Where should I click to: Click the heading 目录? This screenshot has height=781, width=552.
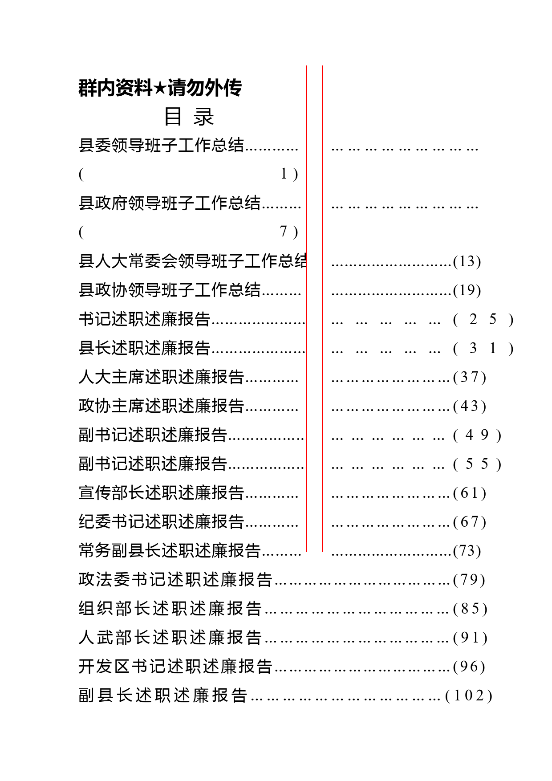point(189,117)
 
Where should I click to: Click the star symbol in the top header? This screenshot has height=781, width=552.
point(160,88)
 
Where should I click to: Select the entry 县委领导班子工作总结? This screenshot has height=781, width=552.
point(161,145)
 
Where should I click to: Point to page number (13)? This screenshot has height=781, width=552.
point(467,261)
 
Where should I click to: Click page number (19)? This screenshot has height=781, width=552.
point(467,290)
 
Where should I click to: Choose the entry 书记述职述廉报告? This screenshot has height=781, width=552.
point(144,319)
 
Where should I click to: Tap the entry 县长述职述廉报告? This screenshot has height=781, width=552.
point(144,348)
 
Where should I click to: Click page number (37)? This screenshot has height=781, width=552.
point(470,377)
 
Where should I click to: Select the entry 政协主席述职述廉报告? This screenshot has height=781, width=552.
point(161,406)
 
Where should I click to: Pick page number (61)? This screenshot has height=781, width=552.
point(470,493)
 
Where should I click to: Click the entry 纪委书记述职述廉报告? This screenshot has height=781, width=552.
point(161,521)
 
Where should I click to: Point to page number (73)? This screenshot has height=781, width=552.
point(467,551)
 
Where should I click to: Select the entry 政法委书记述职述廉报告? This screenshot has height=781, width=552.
point(175,579)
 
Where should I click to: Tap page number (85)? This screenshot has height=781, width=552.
point(470,609)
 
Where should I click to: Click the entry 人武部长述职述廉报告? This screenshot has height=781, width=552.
point(170,637)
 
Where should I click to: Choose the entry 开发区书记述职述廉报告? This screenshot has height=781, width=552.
point(175,666)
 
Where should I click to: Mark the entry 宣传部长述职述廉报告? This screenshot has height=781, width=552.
point(161,492)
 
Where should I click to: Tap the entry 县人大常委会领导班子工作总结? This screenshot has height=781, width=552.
point(192,261)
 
